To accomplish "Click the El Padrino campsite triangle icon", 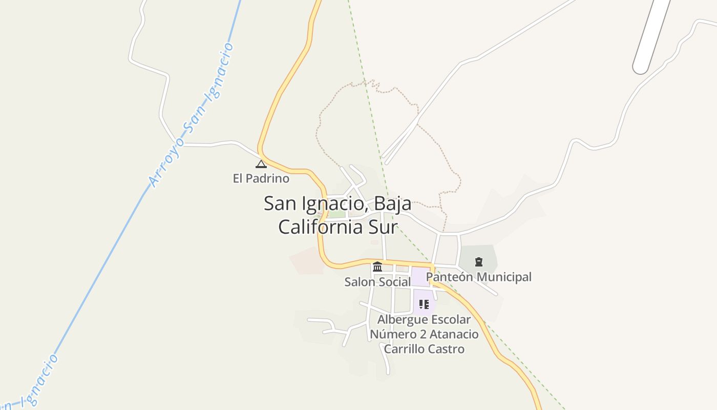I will point(261,165).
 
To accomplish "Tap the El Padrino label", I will point(261,178).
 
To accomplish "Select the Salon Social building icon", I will point(377,266).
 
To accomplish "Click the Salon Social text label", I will point(377,282).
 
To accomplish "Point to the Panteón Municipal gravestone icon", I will point(479,262).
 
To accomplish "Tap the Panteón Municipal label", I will point(479,277).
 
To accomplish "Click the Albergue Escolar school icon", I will point(424,304).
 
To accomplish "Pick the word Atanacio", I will point(454,335).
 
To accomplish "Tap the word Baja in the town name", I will point(392,203).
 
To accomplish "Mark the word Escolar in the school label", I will point(450,320).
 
